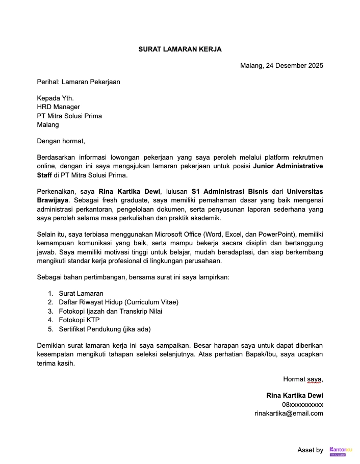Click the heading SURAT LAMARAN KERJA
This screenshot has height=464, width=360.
coord(180,49)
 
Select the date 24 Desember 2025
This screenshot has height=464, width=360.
coord(294,65)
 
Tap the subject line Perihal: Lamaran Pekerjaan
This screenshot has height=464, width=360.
coord(79,82)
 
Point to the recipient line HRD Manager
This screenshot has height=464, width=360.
coord(58,107)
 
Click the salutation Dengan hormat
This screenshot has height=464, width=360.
coord(61,141)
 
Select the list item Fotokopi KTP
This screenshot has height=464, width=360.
coord(79,320)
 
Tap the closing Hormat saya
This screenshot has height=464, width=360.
coord(303,379)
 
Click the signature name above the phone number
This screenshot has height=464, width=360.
coord(294,396)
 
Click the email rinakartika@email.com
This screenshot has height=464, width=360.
coord(289,413)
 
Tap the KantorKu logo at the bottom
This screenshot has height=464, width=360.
coord(341,450)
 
